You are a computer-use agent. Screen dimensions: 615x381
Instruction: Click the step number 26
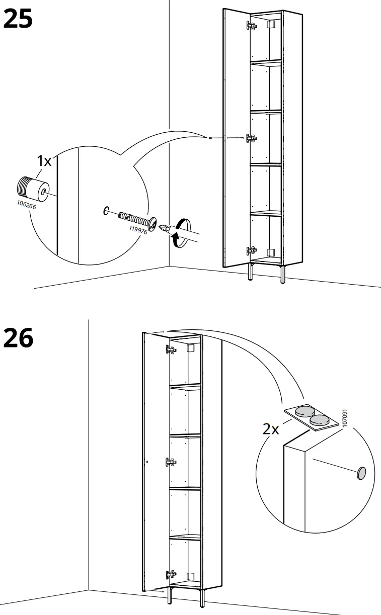click(18, 337)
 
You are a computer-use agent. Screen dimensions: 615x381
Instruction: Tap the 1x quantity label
click(44, 161)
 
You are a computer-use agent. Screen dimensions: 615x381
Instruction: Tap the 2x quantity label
click(271, 429)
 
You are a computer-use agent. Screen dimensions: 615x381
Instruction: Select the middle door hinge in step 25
click(250, 137)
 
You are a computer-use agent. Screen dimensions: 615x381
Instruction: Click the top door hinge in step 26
click(171, 349)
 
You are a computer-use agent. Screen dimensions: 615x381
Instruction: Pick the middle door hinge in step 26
click(171, 462)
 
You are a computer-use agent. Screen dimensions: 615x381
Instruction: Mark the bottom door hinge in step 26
click(171, 574)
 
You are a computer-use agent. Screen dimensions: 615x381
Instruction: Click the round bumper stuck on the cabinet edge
click(361, 473)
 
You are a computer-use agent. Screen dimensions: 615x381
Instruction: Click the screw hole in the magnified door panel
click(106, 211)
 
